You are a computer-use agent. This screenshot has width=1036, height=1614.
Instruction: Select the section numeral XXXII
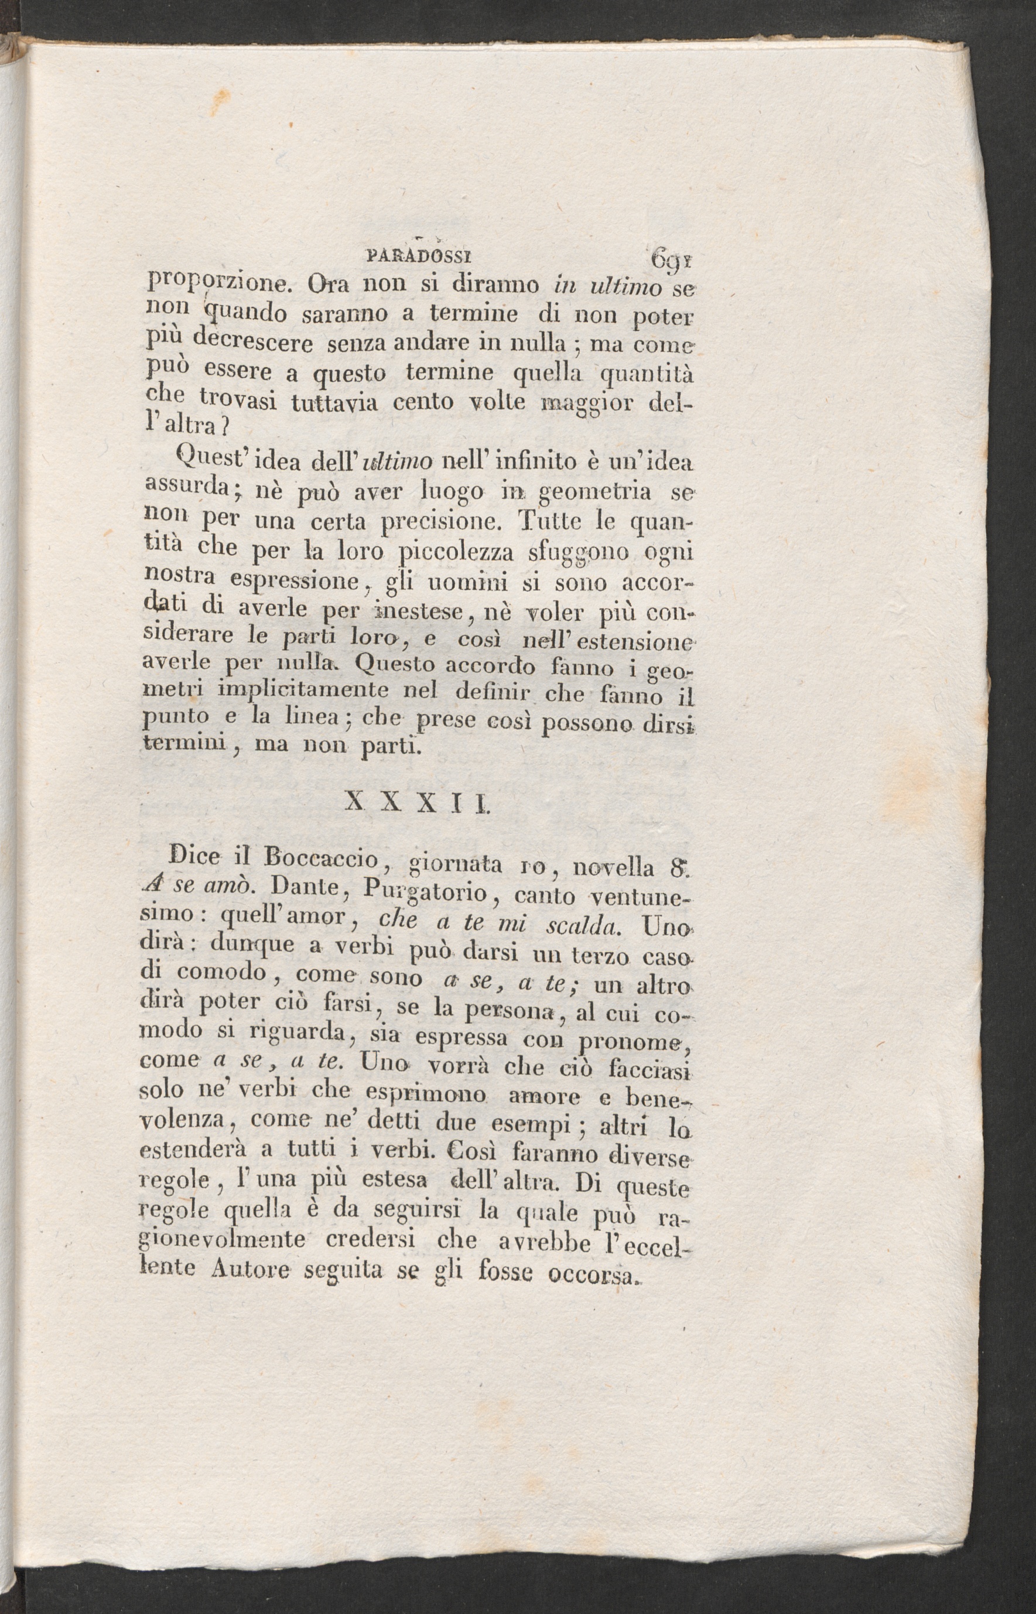tap(417, 804)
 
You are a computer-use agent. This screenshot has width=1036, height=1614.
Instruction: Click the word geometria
tap(596, 493)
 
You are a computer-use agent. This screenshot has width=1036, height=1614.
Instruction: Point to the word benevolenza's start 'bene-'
tap(659, 1097)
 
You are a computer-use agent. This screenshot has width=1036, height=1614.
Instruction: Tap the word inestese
tap(417, 612)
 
